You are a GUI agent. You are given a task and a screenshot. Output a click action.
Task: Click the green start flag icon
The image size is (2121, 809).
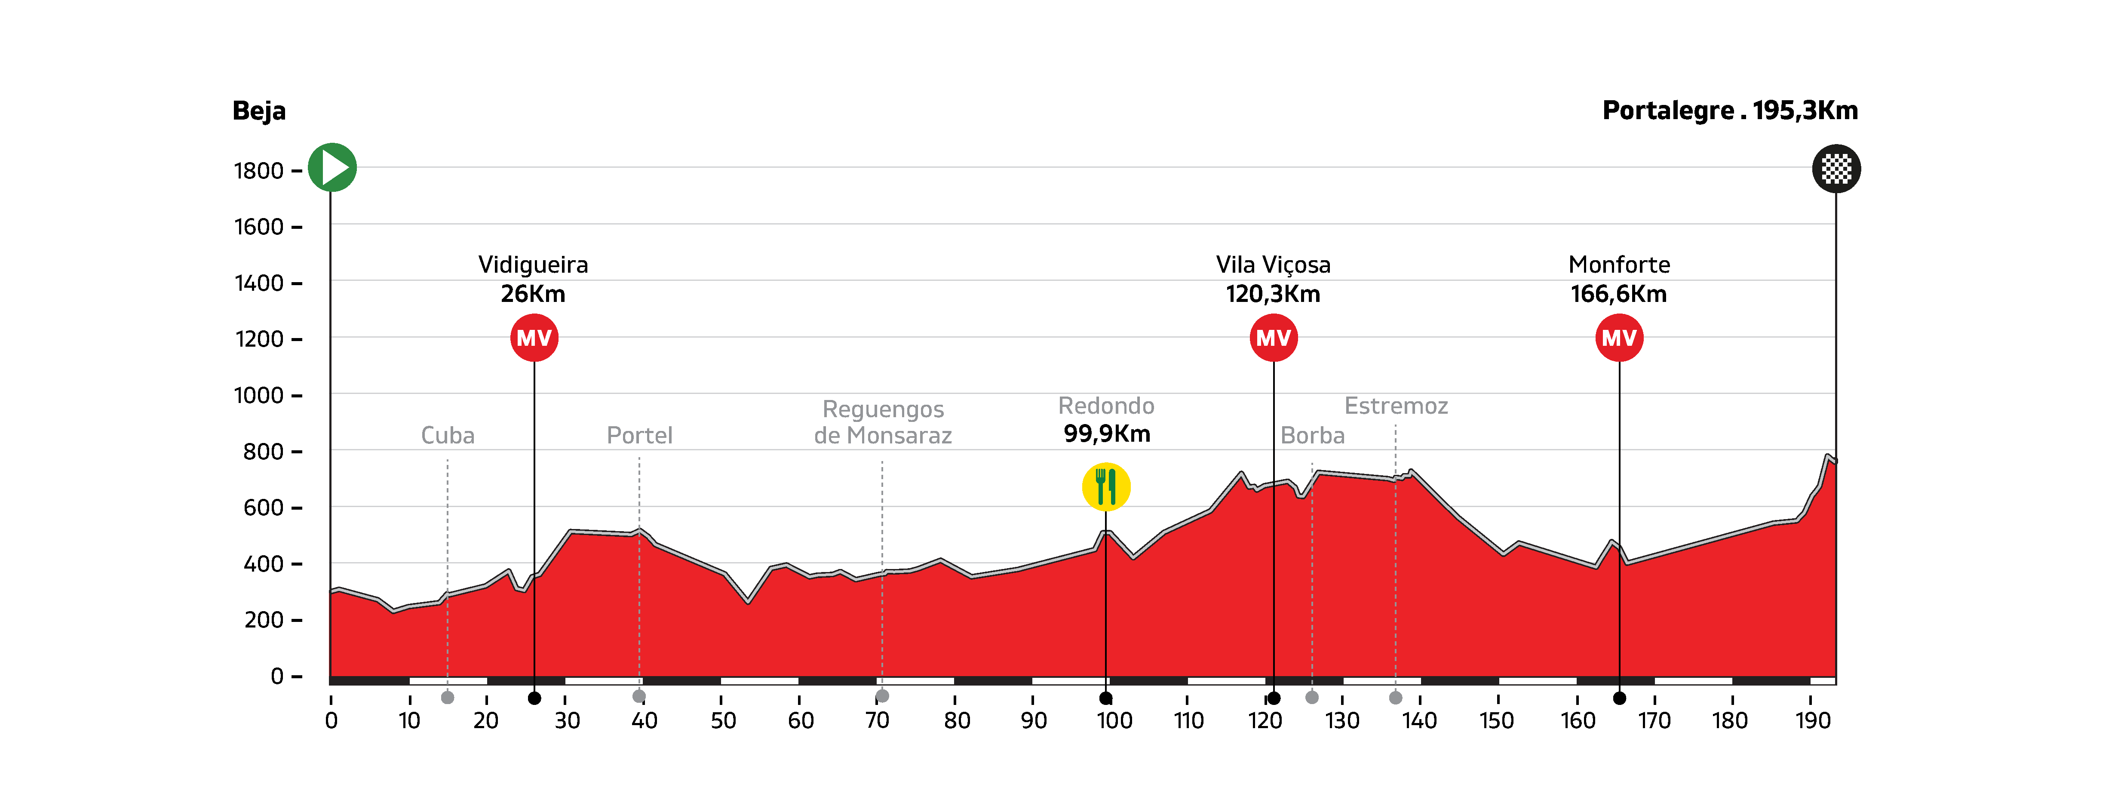332,167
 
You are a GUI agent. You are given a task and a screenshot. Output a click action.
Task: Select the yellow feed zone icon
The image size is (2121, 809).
1106,487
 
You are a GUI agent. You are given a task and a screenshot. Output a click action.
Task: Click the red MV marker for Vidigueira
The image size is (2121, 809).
534,338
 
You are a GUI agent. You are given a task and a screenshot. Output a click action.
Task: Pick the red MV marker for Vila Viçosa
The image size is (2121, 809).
1274,338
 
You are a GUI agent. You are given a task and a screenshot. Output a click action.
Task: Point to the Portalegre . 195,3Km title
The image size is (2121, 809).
1730,111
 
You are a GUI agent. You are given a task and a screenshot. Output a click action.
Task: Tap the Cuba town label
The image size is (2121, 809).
448,435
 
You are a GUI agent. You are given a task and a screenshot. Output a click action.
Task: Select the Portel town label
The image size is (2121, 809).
640,435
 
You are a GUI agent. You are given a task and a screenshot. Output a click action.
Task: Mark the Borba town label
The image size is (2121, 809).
1312,435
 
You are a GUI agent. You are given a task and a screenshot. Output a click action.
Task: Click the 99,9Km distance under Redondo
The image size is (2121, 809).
1107,434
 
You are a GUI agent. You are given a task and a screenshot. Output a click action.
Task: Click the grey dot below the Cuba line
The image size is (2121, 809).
448,698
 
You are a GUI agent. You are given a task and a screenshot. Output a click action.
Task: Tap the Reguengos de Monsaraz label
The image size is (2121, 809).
883,422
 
